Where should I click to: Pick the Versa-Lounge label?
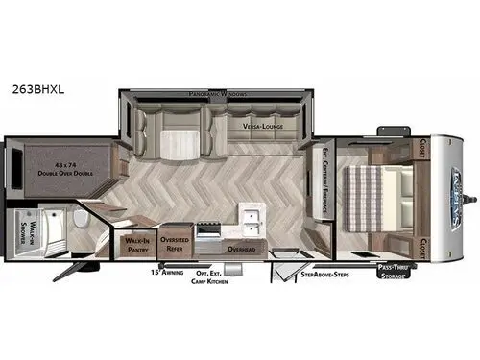(x=262, y=126)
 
